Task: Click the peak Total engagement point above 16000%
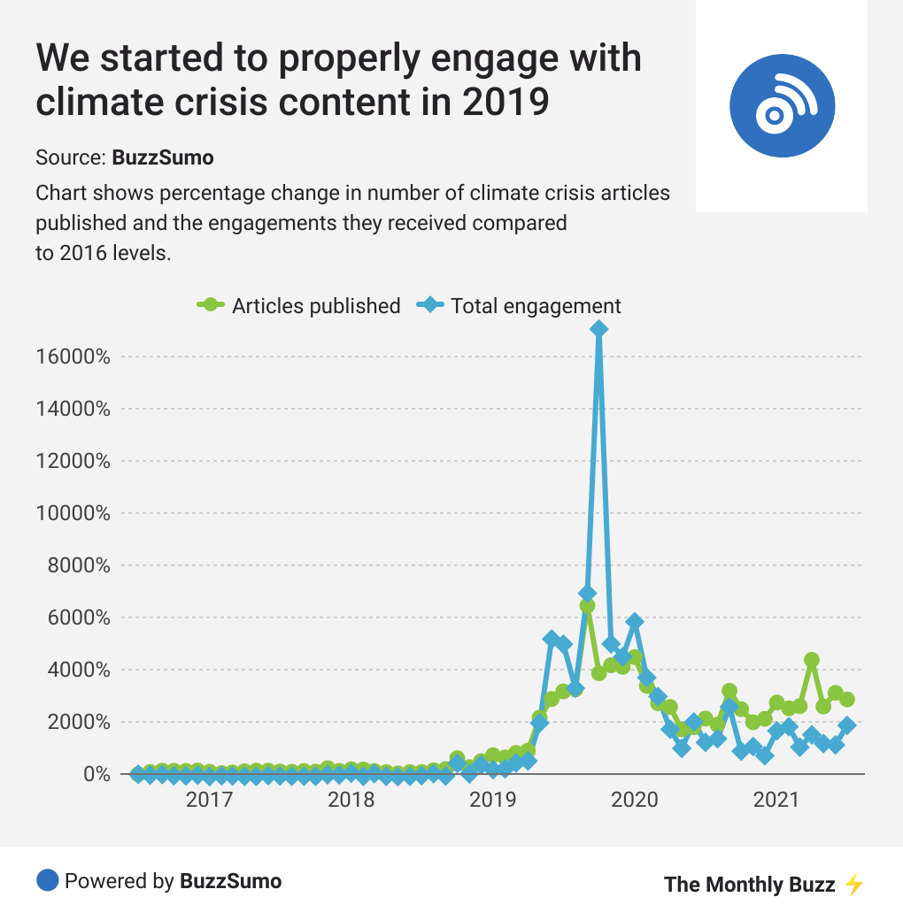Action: tap(599, 329)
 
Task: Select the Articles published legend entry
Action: tap(299, 306)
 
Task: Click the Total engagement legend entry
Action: tap(521, 306)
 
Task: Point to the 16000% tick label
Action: tap(74, 357)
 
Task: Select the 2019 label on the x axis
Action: tap(492, 801)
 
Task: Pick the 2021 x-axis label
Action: tap(776, 801)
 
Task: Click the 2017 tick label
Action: tap(209, 801)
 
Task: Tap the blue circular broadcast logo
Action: tap(782, 105)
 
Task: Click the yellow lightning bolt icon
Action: tap(854, 885)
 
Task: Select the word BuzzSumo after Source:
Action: tap(163, 158)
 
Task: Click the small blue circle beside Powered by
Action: tap(48, 881)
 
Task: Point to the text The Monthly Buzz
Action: tap(749, 885)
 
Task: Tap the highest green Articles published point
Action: tap(587, 605)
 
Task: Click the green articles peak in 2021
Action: tap(812, 660)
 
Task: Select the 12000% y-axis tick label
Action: tap(74, 461)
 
